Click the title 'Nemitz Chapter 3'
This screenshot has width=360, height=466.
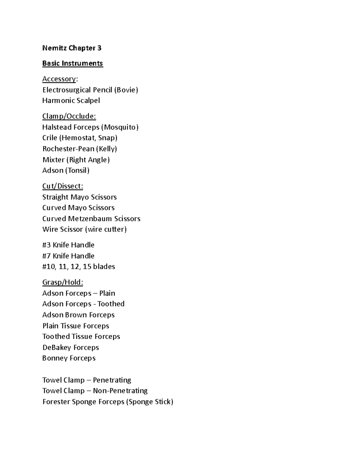[72, 48]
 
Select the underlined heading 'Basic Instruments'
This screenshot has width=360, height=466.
[73, 63]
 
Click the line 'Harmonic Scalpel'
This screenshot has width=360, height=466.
[71, 101]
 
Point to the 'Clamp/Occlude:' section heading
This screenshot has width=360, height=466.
[69, 116]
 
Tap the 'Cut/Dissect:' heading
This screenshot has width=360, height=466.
[63, 186]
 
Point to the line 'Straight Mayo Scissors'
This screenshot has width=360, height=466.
[79, 197]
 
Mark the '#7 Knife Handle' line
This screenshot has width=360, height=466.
[68, 256]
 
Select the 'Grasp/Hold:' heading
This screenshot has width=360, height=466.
[63, 282]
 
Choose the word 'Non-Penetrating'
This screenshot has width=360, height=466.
[120, 391]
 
